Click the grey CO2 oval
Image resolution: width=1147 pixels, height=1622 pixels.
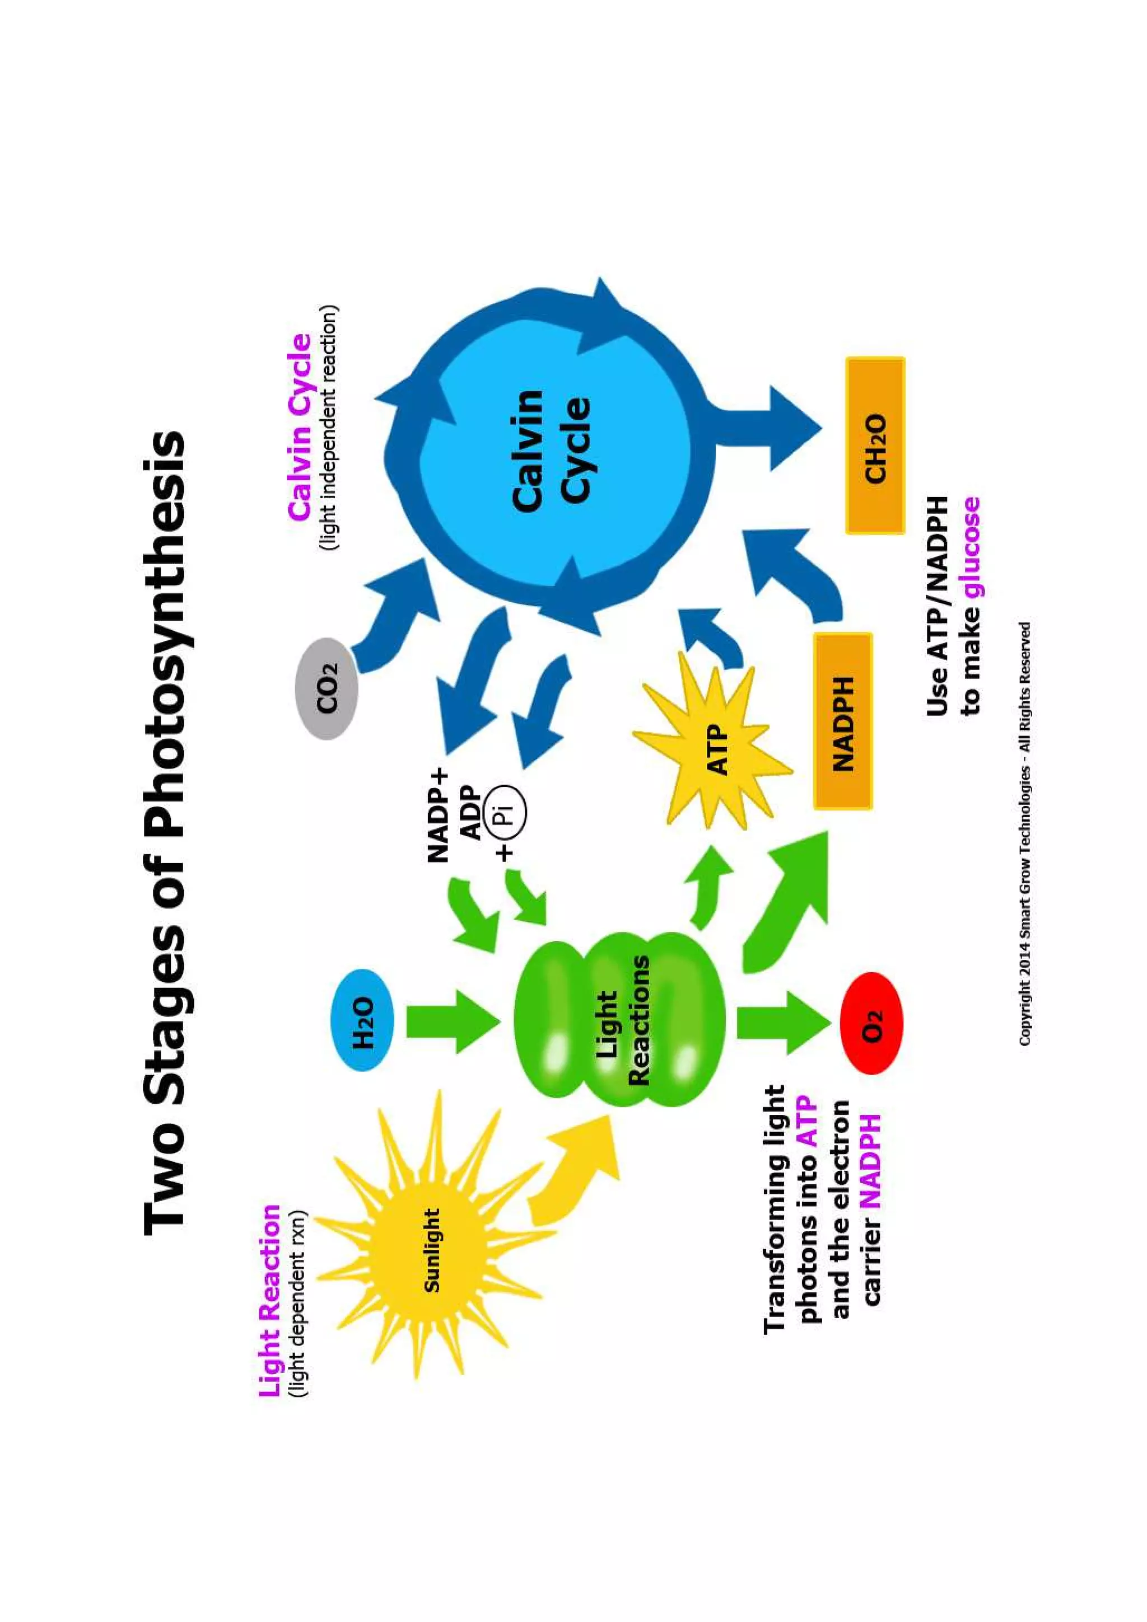coord(327,689)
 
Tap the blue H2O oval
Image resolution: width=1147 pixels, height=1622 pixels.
coord(362,1020)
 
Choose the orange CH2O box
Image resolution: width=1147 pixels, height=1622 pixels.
coord(875,446)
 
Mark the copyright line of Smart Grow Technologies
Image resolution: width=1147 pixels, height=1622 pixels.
coord(1024,833)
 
